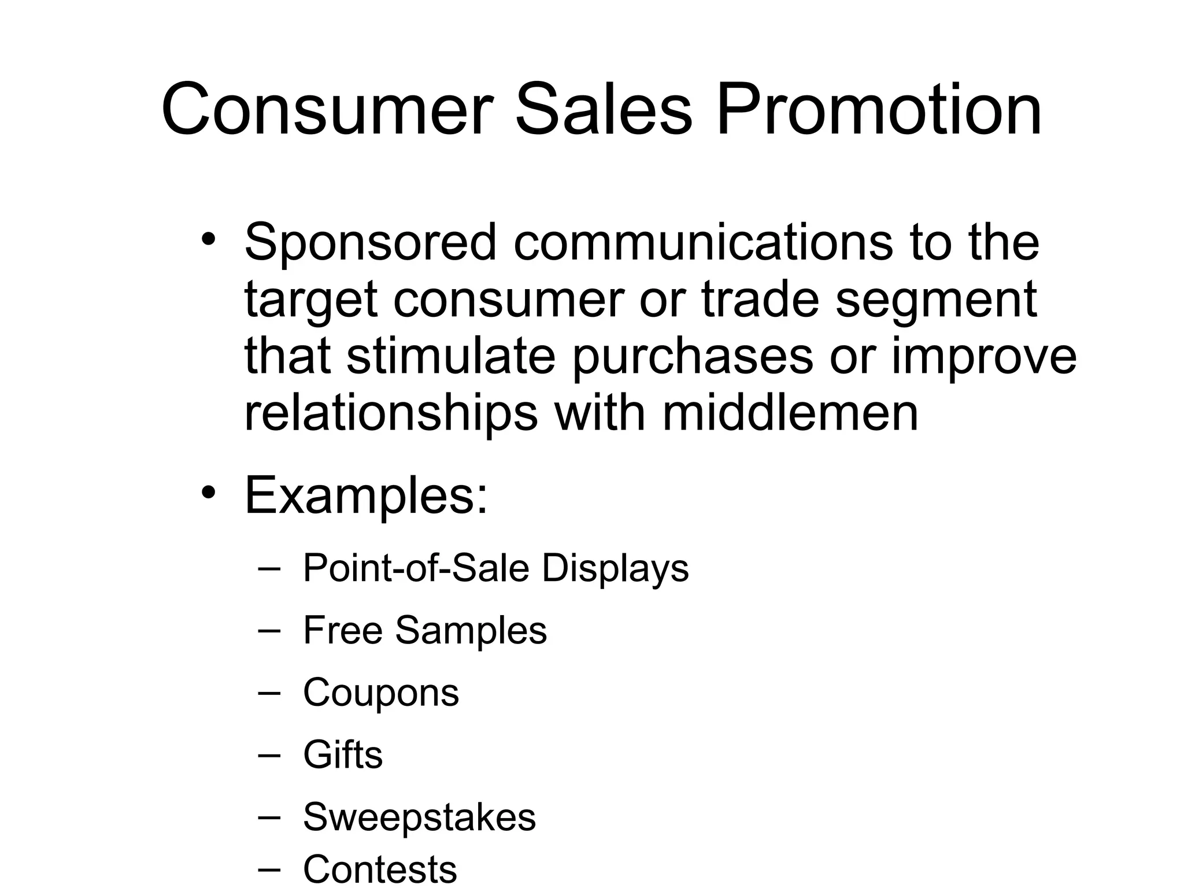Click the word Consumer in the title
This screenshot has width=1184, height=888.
click(x=327, y=110)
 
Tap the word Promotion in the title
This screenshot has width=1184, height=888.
click(x=879, y=110)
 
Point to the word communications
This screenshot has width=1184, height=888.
click(x=702, y=242)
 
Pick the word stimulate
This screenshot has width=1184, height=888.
click(x=451, y=356)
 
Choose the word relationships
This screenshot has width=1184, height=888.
click(x=391, y=414)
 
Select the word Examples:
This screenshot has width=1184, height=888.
click(x=366, y=496)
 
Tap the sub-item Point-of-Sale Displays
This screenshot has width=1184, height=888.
click(x=495, y=568)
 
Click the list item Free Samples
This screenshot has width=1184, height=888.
click(x=424, y=630)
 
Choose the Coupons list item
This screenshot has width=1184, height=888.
click(x=380, y=693)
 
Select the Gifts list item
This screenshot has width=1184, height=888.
click(x=342, y=754)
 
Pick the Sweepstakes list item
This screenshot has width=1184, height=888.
click(x=419, y=817)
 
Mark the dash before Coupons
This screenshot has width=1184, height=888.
click(x=269, y=693)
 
